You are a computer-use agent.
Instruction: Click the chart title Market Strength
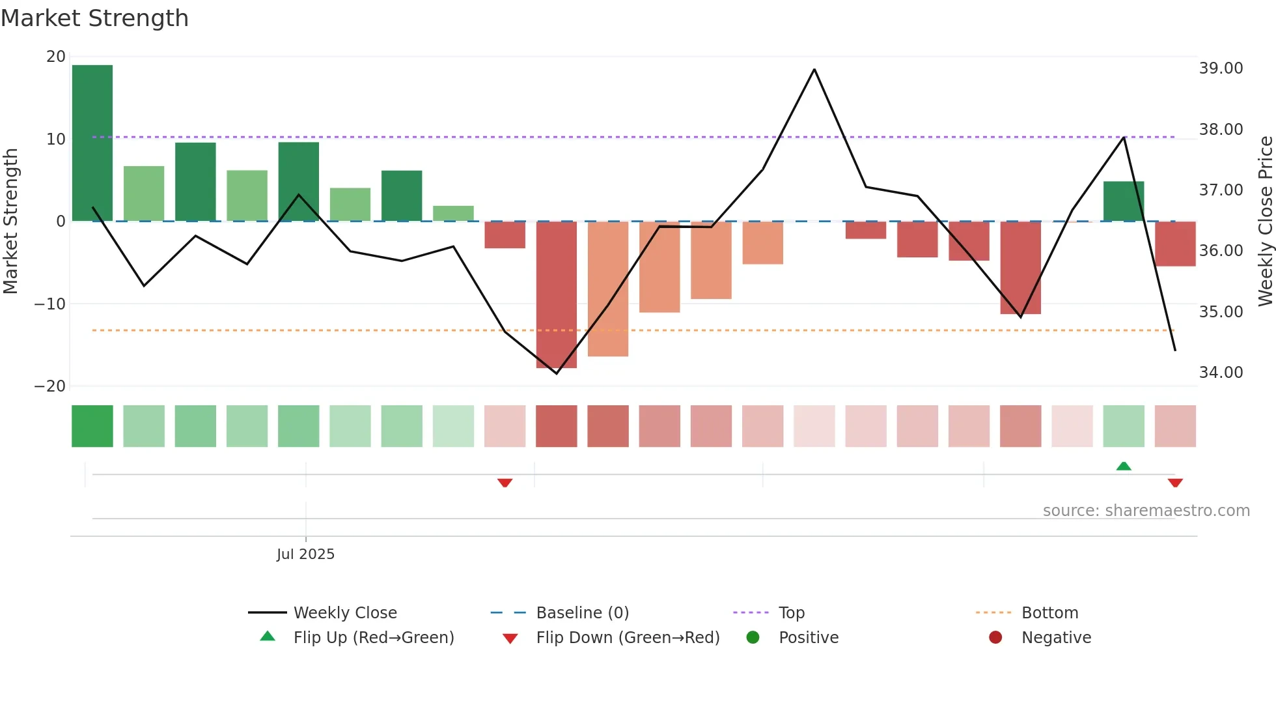coord(94,18)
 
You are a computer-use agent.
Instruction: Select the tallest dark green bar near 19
coord(92,143)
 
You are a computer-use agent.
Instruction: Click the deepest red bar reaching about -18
coord(556,294)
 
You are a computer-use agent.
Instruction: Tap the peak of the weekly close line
coord(814,70)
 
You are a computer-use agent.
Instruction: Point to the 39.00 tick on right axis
coord(1221,68)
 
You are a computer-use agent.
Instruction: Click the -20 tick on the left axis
coord(50,386)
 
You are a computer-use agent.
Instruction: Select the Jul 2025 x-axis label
coord(305,554)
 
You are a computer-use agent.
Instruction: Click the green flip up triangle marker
coord(1124,467)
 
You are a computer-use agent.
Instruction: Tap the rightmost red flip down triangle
coord(1175,483)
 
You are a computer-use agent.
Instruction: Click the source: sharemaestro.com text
coord(1146,511)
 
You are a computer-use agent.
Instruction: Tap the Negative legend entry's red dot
coord(995,638)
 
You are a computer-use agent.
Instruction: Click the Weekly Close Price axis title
coord(1265,222)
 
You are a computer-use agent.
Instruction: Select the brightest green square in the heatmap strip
coord(92,426)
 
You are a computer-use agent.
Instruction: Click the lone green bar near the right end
coord(1123,201)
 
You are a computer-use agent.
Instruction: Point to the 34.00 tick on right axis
coord(1221,373)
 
